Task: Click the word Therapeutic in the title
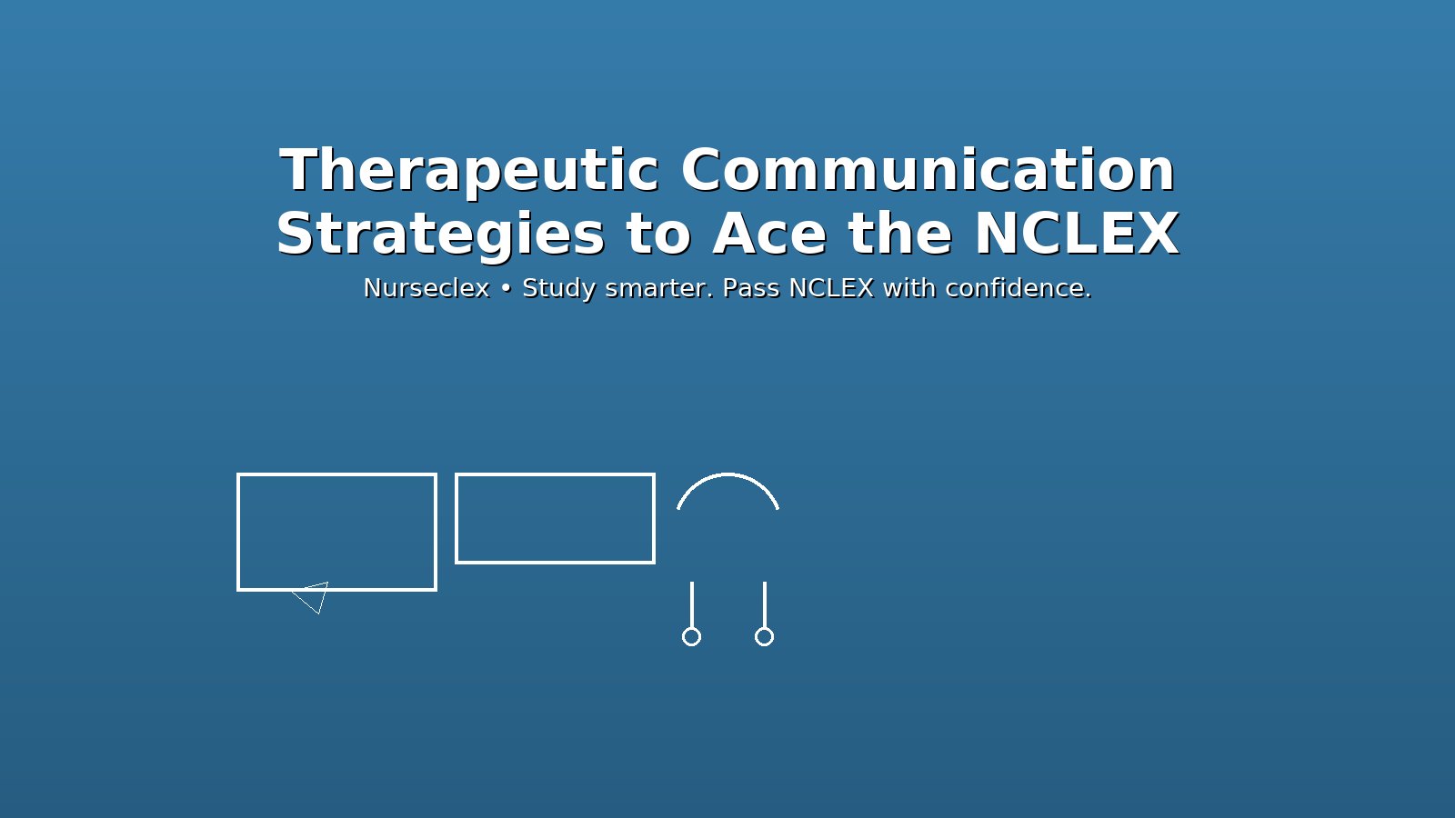[468, 171]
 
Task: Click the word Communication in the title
[928, 171]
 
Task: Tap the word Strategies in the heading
[440, 234]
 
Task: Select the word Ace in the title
[769, 234]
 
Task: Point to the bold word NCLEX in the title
[1076, 234]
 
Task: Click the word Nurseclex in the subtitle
[426, 288]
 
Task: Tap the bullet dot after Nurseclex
[506, 289]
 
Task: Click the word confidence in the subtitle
[1018, 288]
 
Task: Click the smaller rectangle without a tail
[555, 518]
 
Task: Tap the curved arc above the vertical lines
[727, 475]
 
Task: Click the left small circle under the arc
[691, 636]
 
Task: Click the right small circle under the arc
[764, 636]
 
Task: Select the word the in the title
[899, 234]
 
